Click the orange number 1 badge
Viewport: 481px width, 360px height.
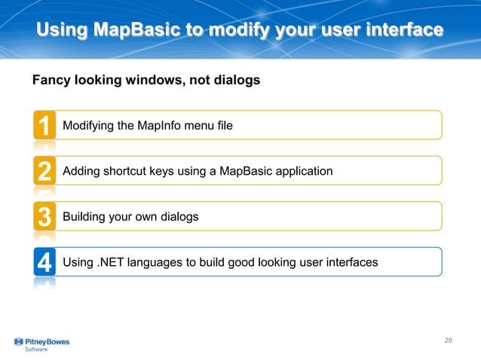click(x=44, y=125)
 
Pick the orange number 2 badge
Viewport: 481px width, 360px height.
click(x=44, y=171)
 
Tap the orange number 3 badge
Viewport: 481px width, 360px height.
click(x=44, y=217)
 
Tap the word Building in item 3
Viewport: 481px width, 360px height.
click(x=84, y=217)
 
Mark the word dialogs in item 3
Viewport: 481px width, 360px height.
click(x=178, y=217)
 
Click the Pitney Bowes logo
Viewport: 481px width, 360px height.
click(x=41, y=341)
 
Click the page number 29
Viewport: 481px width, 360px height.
click(x=448, y=341)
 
